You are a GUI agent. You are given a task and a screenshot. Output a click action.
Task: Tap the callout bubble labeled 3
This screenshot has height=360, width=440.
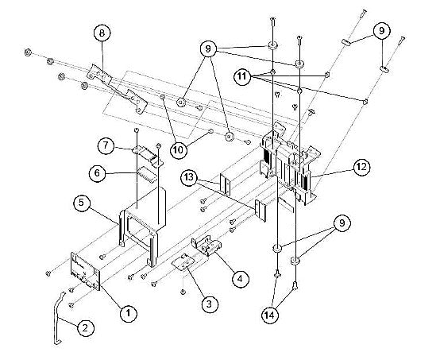209,303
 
